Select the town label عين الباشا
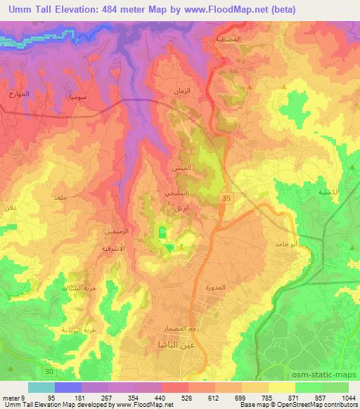172,345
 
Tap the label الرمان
184,92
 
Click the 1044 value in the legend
348,398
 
